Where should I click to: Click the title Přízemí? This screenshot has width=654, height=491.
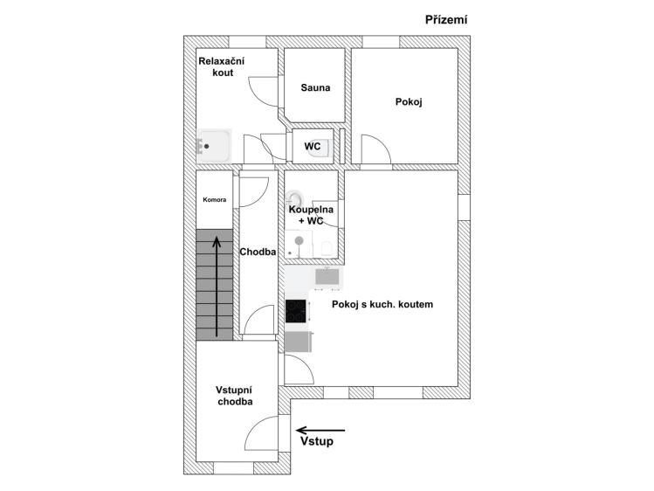tap(446, 19)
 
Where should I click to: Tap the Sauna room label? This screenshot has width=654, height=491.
tap(315, 87)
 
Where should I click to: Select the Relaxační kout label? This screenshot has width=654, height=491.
tap(222, 66)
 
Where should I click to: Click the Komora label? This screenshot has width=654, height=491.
tap(215, 200)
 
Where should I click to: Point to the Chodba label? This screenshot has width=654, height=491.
tap(258, 252)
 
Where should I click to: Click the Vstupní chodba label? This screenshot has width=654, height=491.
tap(234, 396)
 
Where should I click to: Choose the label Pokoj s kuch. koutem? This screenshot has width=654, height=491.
tap(382, 304)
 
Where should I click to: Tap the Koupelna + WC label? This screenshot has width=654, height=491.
tap(311, 215)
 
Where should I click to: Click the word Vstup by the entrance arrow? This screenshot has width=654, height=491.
tap(317, 441)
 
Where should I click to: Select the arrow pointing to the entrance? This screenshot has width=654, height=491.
tap(320, 430)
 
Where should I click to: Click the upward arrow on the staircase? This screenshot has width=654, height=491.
tap(217, 287)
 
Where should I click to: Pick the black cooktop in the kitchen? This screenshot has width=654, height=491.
tap(296, 311)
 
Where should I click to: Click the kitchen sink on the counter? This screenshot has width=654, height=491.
tap(327, 277)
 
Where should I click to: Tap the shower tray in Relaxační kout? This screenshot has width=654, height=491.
tap(214, 146)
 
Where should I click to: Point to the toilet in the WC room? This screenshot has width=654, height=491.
tap(320, 148)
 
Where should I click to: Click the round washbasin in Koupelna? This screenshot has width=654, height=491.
tap(294, 197)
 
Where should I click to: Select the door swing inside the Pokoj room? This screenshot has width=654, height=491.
tap(376, 149)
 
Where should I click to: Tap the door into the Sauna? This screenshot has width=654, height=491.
tap(264, 92)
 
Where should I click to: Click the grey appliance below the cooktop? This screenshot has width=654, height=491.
tap(298, 342)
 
